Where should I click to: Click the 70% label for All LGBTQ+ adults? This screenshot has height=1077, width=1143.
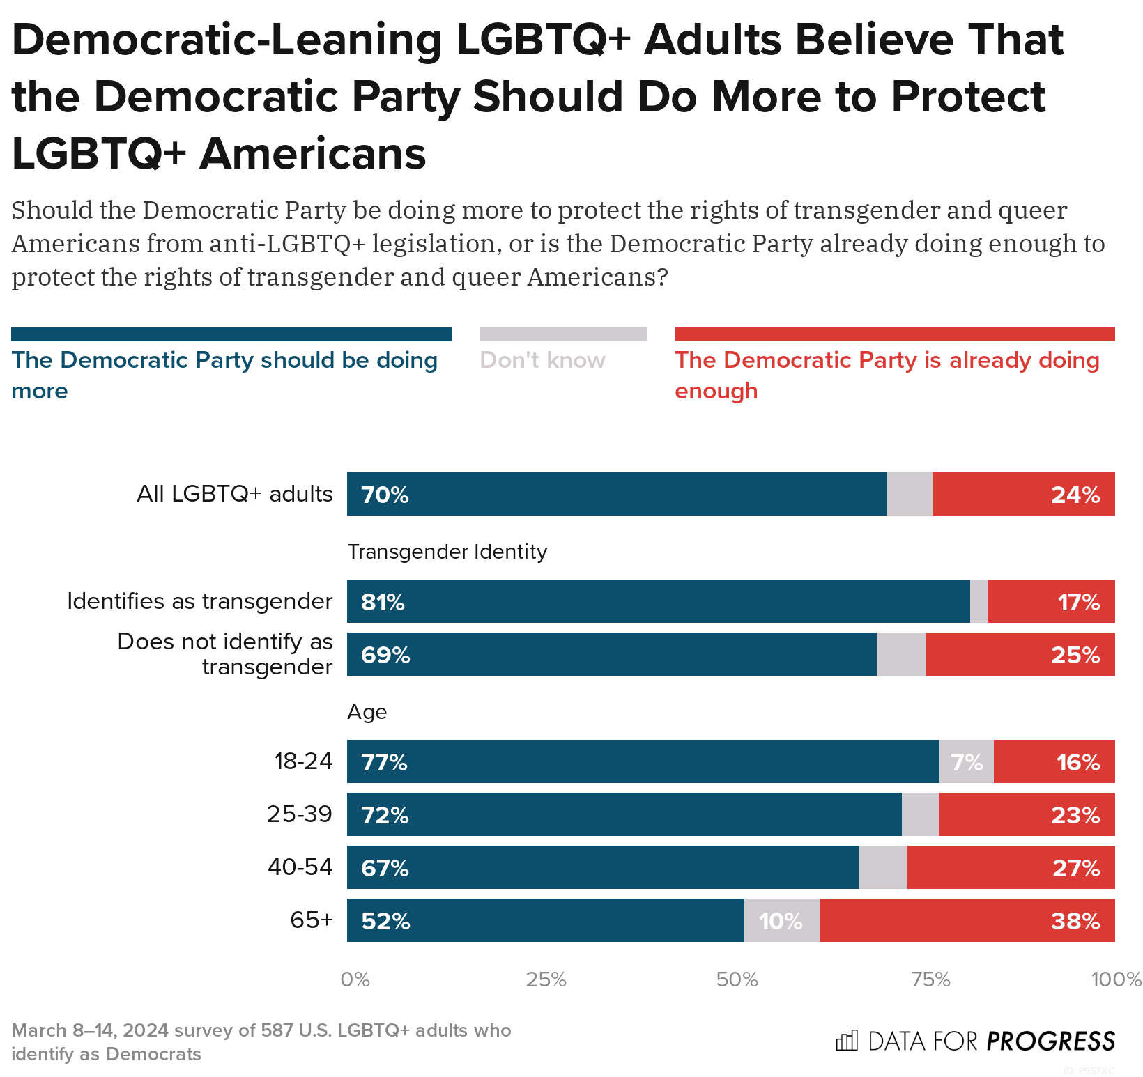pos(385,495)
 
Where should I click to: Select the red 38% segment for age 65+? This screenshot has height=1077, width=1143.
pos(967,920)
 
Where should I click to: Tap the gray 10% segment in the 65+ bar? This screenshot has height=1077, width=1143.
pos(781,921)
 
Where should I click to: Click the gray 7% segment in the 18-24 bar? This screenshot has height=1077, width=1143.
pos(967,762)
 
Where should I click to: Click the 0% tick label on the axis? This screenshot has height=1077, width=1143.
pos(355,979)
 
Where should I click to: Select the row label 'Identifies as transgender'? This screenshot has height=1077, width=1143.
pos(199,601)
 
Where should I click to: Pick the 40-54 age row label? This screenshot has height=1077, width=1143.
pos(300,867)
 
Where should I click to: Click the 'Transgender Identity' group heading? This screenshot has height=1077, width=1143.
pos(447,552)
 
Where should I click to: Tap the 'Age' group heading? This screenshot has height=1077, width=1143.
pos(367,712)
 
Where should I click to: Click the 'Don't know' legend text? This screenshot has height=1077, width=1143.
pos(542,360)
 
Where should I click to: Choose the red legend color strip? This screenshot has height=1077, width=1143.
pos(894,334)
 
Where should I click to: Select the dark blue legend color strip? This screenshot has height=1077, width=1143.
pos(231,334)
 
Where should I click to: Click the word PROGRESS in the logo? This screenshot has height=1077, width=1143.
pos(1050,1041)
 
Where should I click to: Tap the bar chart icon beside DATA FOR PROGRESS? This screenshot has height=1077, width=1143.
pos(846,1041)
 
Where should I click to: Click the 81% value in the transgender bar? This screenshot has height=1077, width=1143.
pos(383,602)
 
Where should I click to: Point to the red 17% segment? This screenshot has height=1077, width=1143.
pos(1051,601)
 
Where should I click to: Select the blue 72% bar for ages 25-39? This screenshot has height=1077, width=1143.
pos(624,814)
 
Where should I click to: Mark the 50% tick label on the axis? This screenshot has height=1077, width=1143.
pos(737,979)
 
